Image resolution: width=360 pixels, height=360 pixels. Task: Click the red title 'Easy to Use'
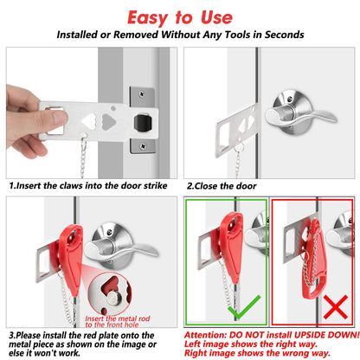pos(179,16)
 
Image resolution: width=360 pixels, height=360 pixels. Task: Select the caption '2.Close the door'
pos(222,185)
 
